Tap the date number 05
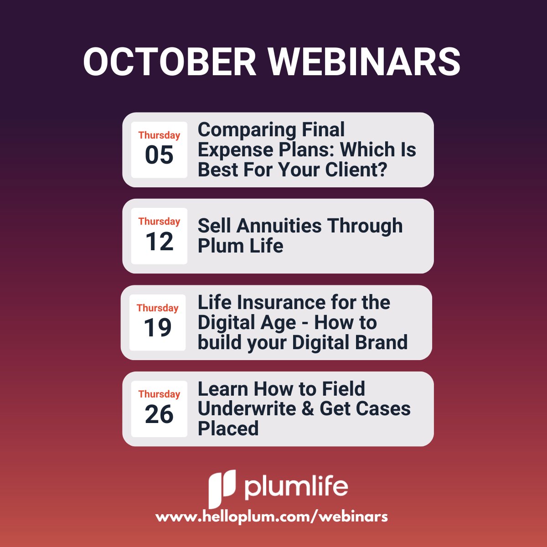click(159, 155)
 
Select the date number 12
click(159, 242)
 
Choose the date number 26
click(159, 414)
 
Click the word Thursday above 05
click(159, 135)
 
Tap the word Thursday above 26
click(159, 394)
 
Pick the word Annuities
click(279, 226)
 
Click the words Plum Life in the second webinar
click(240, 246)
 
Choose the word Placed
click(228, 428)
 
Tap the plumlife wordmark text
click(296, 486)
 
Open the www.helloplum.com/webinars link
click(272, 517)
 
